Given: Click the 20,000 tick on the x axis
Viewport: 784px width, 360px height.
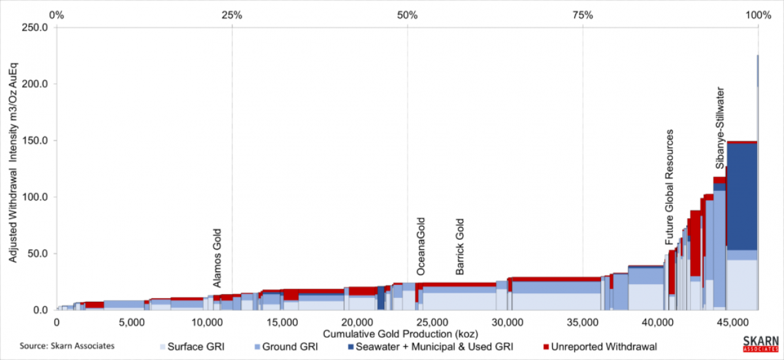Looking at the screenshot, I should tap(357, 322).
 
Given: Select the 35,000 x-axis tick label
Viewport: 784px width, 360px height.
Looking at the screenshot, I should tap(583, 322).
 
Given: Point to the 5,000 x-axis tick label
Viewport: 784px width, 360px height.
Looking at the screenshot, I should tap(132, 322).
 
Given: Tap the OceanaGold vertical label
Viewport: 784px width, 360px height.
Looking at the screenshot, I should tap(421, 246).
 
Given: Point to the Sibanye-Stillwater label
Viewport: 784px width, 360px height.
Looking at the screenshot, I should tap(719, 127).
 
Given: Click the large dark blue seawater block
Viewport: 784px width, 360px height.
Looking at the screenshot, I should tap(742, 196).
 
